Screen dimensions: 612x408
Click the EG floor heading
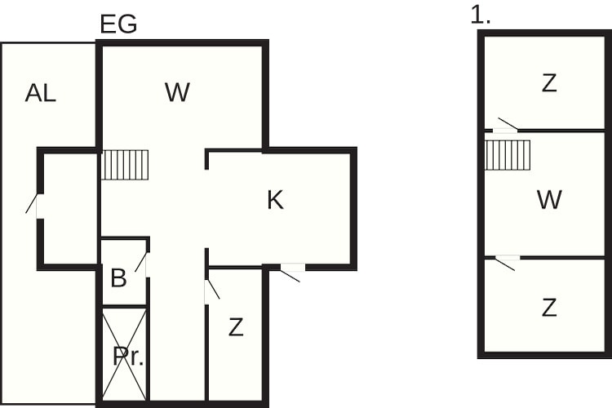118,24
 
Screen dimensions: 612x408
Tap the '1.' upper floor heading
480,16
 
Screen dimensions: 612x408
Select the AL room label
41,93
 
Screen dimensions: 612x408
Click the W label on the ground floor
178,92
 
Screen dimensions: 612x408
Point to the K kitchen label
276,200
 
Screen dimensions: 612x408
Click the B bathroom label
118,277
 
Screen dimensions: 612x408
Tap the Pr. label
128,356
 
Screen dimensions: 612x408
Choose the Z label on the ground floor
236,327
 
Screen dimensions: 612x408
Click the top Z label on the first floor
549,83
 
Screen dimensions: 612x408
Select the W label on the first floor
549,199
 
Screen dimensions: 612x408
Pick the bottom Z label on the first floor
549,308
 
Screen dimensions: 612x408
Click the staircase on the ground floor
125,165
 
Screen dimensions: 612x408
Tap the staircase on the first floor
508,155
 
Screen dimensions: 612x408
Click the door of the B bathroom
142,264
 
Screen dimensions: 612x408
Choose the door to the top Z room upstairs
506,126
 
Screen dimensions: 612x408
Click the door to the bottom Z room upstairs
507,263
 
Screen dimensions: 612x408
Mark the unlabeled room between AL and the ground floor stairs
69,209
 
